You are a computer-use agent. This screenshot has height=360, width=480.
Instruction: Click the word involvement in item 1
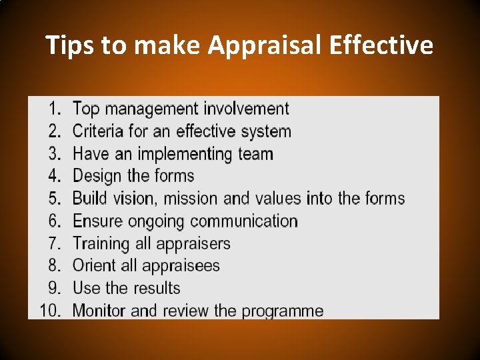pyautogui.click(x=246, y=108)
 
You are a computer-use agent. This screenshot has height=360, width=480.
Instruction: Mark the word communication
pyautogui.click(x=242, y=221)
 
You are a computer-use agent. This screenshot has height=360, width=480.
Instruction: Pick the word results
pyautogui.click(x=156, y=288)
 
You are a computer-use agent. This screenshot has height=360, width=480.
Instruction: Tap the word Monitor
pyautogui.click(x=99, y=311)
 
